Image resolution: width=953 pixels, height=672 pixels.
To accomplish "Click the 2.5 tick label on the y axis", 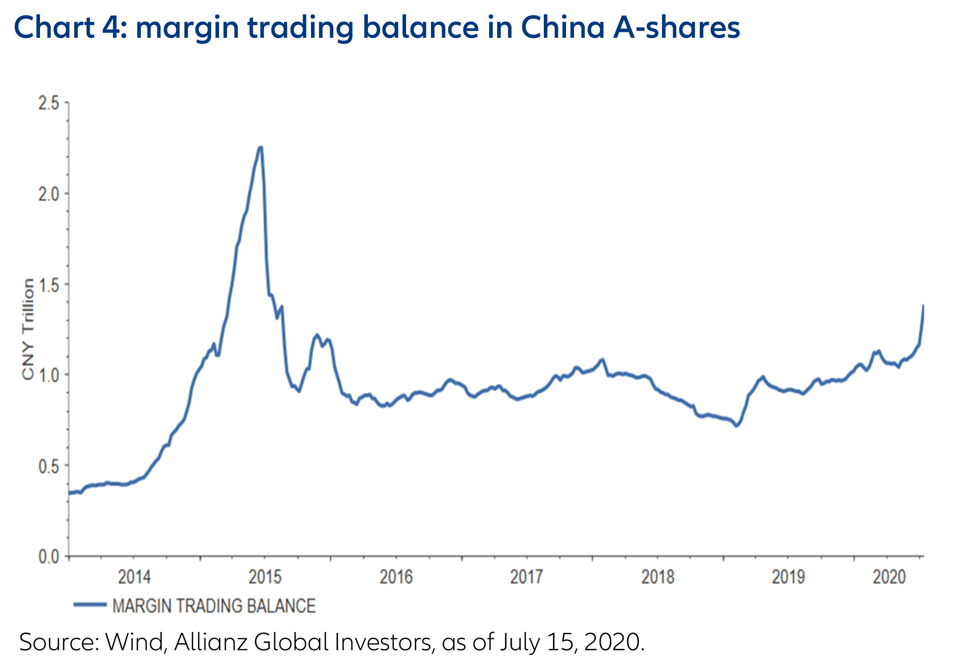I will coord(48,103).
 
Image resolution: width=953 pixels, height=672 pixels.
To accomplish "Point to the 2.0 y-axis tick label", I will coord(48,194).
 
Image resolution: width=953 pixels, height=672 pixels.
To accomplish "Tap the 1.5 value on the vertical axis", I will coord(48,285).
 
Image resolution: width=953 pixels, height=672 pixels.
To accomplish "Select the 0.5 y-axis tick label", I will coord(48,466).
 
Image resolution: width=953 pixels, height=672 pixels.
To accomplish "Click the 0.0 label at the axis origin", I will coord(48,556).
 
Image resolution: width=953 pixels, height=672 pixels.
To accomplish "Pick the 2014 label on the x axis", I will coord(134,577).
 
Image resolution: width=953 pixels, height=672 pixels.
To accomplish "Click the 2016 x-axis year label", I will coord(396,577).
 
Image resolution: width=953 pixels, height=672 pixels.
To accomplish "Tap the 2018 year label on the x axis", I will coord(658,577).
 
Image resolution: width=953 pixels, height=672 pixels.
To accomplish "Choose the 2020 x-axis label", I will coord(889,577).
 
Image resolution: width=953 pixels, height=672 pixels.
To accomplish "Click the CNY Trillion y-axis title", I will coord(28,329).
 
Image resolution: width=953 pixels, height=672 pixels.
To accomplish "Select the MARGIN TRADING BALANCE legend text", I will coord(214,606).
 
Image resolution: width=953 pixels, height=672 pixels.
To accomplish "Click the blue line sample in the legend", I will coord(90,604).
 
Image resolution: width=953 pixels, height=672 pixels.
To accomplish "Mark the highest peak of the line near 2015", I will coord(260,147).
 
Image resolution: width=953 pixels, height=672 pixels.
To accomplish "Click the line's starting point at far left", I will coord(69,492).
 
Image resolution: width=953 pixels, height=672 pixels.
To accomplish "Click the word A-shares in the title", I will coord(677,28).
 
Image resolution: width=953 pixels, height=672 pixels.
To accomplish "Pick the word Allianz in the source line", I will coord(211,642).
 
